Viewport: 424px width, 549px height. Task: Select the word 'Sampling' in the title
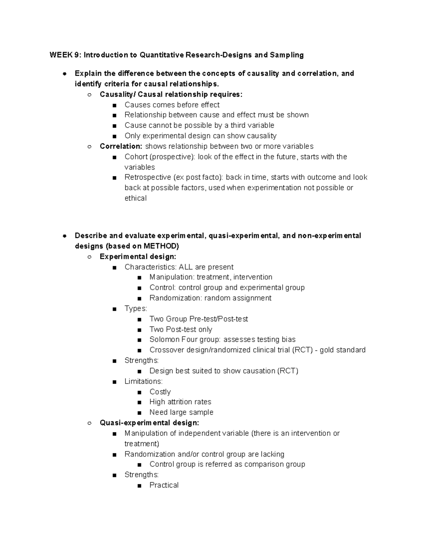[287, 55]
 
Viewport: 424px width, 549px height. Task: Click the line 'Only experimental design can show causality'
[200, 136]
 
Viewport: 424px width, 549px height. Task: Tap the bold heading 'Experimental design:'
[138, 257]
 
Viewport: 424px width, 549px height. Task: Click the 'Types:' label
[136, 309]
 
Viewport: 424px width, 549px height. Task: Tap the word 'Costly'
[160, 392]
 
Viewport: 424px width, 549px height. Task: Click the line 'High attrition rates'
[180, 402]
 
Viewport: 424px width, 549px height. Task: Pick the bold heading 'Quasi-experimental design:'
[149, 423]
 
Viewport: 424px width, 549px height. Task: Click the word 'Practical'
[164, 485]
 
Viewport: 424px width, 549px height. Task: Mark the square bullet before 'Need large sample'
[140, 413]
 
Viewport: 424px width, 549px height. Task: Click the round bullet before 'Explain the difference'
[64, 74]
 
